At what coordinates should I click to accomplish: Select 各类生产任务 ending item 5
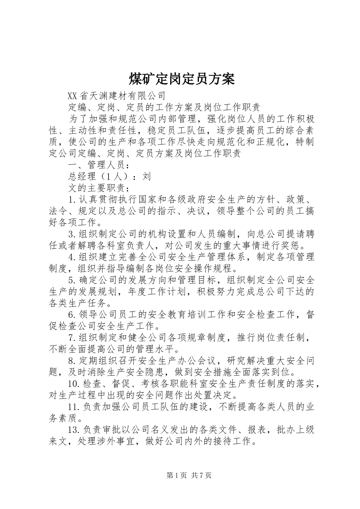[78, 303]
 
